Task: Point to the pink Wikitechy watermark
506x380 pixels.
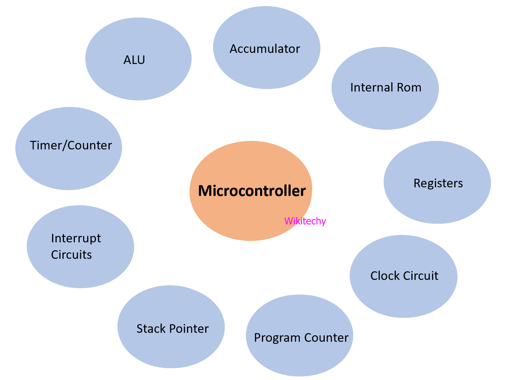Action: pyautogui.click(x=305, y=221)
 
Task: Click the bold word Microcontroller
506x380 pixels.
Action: pyautogui.click(x=252, y=191)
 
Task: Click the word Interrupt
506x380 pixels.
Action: pyautogui.click(x=76, y=238)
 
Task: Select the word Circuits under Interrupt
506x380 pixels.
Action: pyautogui.click(x=71, y=255)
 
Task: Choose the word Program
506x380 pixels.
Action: pyautogui.click(x=277, y=338)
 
